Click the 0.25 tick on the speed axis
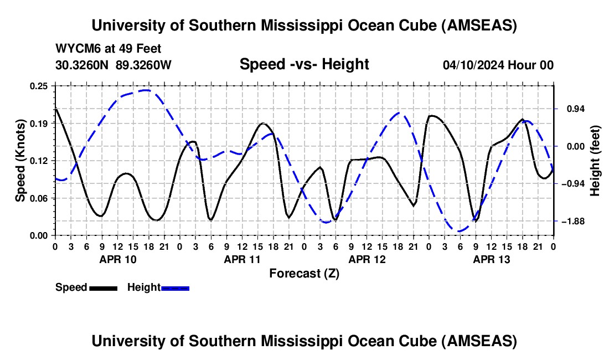42,86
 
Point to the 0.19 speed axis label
42,124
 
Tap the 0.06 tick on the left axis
42,198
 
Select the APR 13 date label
491,259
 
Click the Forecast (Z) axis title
304,273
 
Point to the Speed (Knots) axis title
20,161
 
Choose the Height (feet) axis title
595,161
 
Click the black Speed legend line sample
103,288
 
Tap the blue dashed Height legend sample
175,288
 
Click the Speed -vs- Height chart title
304,64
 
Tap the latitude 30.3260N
83,65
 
